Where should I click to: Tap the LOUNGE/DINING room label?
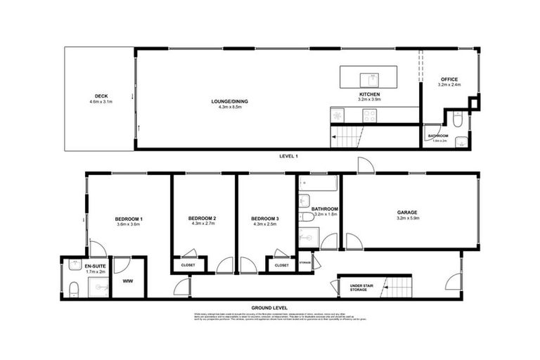[230, 101]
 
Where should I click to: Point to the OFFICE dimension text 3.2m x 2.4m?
[449, 85]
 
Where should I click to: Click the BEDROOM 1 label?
[129, 219]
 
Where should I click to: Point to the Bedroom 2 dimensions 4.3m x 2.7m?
[202, 225]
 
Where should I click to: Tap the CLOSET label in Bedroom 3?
[281, 266]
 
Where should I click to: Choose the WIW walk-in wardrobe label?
[128, 281]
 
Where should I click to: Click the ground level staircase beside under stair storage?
[397, 287]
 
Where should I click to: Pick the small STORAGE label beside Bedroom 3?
[304, 262]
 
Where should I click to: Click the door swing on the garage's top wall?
[366, 166]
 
